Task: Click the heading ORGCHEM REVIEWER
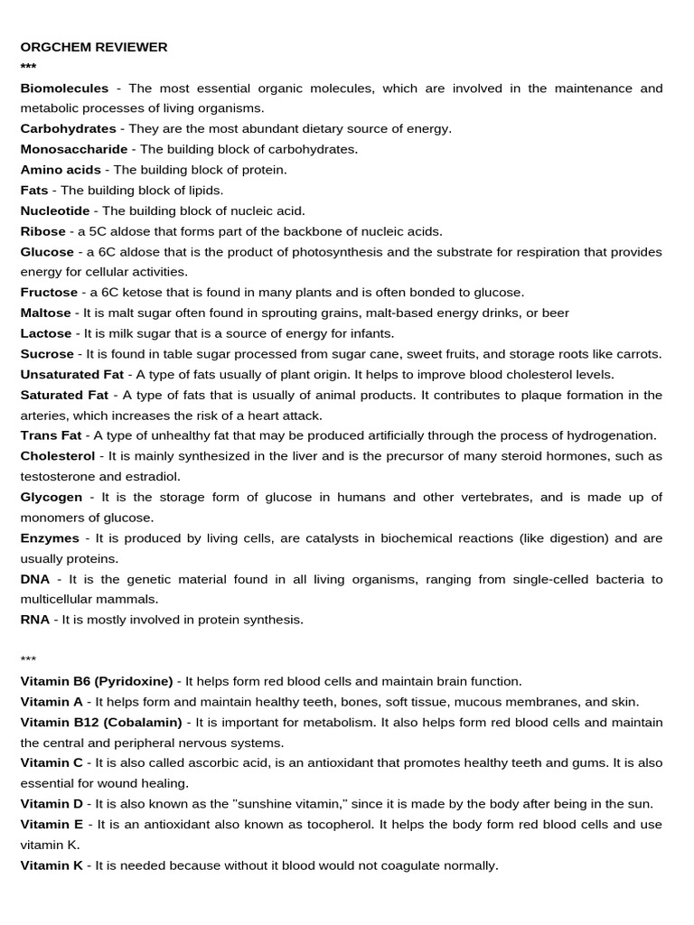point(94,47)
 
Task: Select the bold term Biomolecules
point(64,89)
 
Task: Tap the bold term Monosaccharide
point(74,149)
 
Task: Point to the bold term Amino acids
point(61,170)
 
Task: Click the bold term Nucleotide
point(55,210)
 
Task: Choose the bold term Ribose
point(43,231)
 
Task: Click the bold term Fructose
point(49,292)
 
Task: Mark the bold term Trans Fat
point(52,435)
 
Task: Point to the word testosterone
point(57,476)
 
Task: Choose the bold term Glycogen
point(52,497)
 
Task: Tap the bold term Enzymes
point(51,538)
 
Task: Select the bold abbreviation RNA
point(35,620)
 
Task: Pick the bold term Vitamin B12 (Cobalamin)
point(101,723)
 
